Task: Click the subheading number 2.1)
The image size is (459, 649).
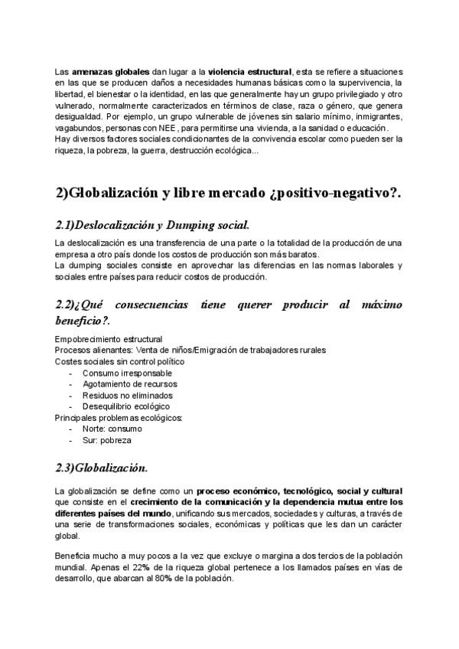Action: pos(70,225)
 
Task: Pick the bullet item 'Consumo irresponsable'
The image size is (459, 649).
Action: pos(127,373)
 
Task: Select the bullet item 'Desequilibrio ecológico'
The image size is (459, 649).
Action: pos(126,406)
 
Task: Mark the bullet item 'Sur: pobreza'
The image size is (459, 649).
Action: pos(106,441)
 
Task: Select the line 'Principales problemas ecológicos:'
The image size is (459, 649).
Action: pos(119,418)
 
